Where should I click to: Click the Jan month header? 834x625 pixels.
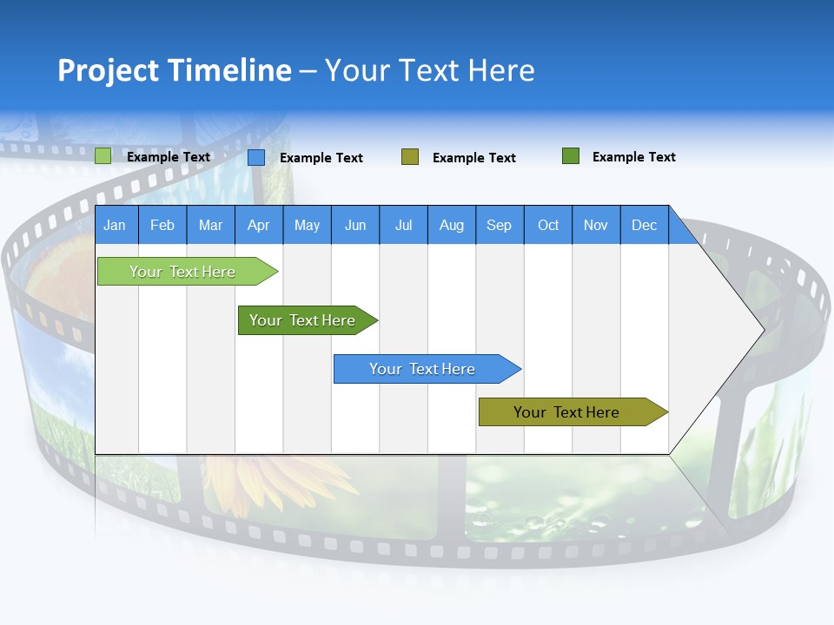coord(115,225)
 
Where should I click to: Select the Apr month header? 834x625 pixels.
coord(258,225)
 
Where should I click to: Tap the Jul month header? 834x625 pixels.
coord(403,225)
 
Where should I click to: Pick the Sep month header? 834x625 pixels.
coord(499,225)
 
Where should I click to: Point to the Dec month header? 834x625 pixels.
coord(644,225)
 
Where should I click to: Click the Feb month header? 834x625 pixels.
coord(162,225)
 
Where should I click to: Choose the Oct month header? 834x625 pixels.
coord(547,225)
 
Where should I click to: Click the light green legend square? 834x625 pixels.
coord(103,156)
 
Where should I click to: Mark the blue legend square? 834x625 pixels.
coord(256,157)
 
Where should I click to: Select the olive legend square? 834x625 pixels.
coord(410,157)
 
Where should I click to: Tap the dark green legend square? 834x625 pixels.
coord(571,156)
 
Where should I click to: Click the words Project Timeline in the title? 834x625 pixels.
coord(174,70)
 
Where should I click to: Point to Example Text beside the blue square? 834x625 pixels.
coord(321,158)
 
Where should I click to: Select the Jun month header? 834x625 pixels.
coord(354,225)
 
